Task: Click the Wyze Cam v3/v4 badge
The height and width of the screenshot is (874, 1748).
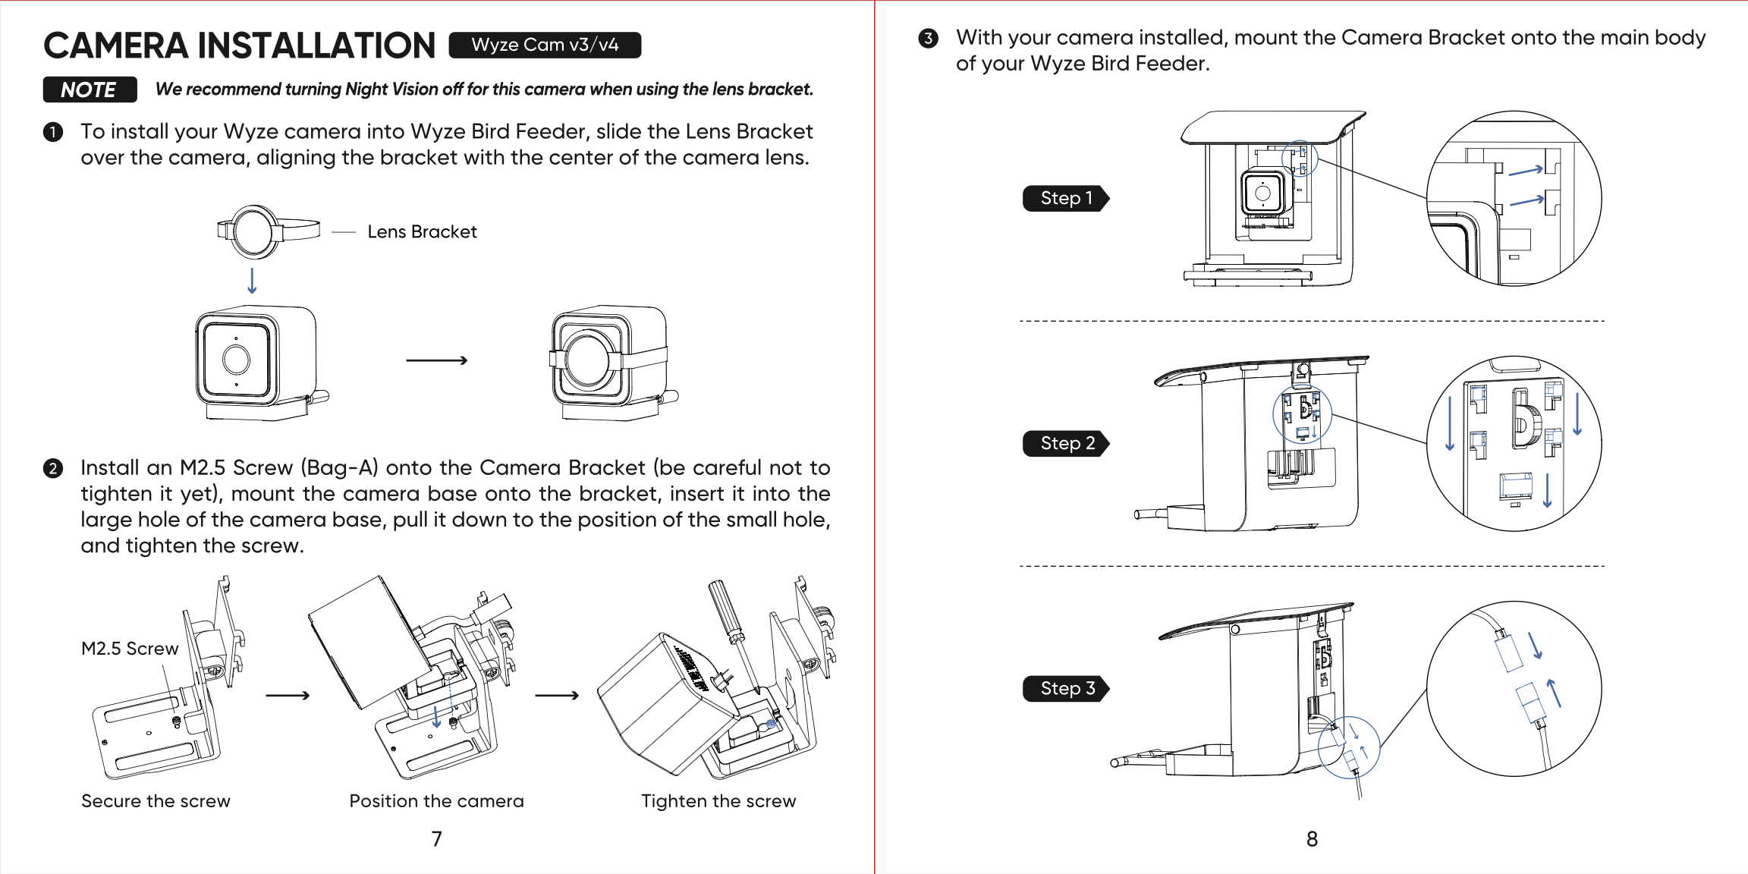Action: pyautogui.click(x=545, y=45)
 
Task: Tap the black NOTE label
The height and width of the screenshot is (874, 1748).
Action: pyautogui.click(x=90, y=90)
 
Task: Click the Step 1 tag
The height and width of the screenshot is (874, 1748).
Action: pyautogui.click(x=1065, y=198)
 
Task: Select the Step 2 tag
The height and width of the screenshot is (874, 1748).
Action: pyautogui.click(x=1066, y=443)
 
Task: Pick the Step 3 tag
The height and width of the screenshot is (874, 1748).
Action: pyautogui.click(x=1066, y=688)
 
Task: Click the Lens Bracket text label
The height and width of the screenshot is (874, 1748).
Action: pyautogui.click(x=422, y=231)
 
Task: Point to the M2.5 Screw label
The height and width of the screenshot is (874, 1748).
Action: pyautogui.click(x=130, y=649)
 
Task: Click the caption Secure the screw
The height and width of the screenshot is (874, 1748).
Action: pyautogui.click(x=156, y=801)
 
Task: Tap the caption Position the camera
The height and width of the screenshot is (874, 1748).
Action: pyautogui.click(x=436, y=801)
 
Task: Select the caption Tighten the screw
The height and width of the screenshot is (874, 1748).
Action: pyautogui.click(x=718, y=801)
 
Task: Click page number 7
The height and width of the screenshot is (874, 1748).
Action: pyautogui.click(x=437, y=839)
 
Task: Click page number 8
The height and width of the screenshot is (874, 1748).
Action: pyautogui.click(x=1312, y=839)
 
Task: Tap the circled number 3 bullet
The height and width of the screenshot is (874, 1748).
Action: pyautogui.click(x=928, y=39)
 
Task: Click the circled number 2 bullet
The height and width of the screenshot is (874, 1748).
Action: pyautogui.click(x=52, y=468)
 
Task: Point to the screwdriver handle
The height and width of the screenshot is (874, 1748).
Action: pyautogui.click(x=725, y=606)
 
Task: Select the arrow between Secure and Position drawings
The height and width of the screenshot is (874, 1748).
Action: pyautogui.click(x=288, y=695)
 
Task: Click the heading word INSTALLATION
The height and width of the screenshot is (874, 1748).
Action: pyautogui.click(x=316, y=46)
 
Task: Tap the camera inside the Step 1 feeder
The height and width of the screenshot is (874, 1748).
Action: pyautogui.click(x=1262, y=193)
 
